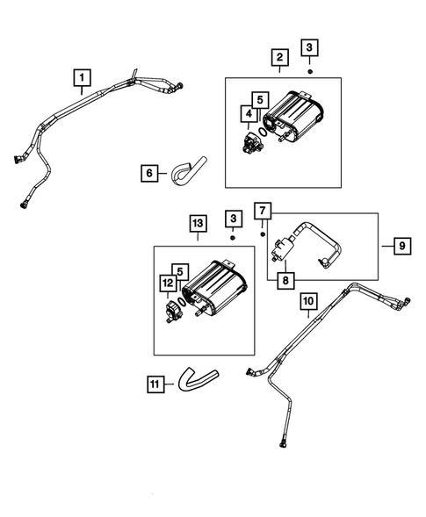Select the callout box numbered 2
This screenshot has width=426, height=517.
[x=279, y=60]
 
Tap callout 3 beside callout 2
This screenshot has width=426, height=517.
[x=310, y=47]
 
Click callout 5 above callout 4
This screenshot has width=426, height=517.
[x=259, y=99]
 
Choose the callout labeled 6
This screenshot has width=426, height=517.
[x=149, y=174]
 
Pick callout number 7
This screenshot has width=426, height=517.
[x=262, y=210]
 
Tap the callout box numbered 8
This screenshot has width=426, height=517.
[x=285, y=280]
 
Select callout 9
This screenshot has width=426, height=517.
[x=399, y=247]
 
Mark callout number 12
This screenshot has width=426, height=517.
[x=166, y=282]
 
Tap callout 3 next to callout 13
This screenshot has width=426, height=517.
[x=233, y=216]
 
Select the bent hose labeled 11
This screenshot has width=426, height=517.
[x=195, y=379]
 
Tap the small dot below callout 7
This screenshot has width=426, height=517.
[x=263, y=234]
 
